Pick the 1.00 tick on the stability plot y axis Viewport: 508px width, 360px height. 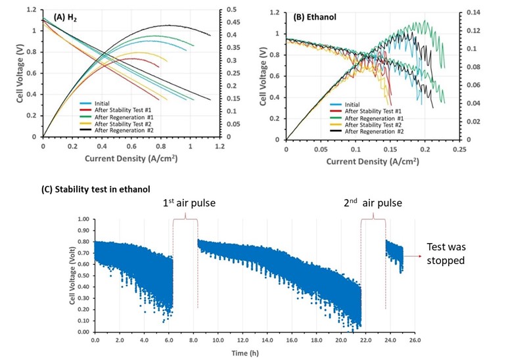(83, 219)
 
